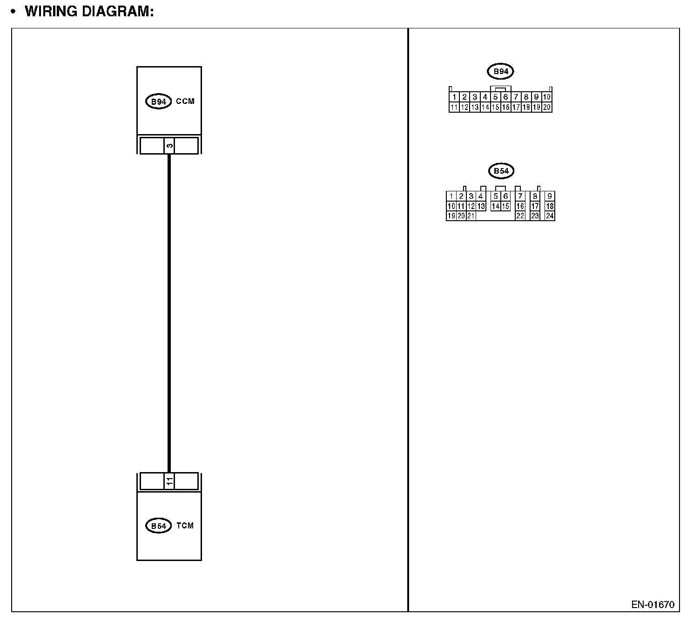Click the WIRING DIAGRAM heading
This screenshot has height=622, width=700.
pyautogui.click(x=89, y=11)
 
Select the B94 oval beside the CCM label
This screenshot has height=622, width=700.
pyautogui.click(x=159, y=101)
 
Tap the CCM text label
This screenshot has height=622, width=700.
pyautogui.click(x=185, y=101)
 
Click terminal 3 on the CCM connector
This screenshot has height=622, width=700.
pyautogui.click(x=169, y=146)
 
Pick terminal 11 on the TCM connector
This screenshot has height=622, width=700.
pyautogui.click(x=169, y=481)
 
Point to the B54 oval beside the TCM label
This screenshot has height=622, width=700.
pyautogui.click(x=159, y=526)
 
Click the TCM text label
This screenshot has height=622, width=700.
pyautogui.click(x=185, y=526)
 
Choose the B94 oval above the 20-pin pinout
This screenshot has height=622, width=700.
pyautogui.click(x=500, y=72)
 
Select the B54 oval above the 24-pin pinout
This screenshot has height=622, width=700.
pyautogui.click(x=501, y=171)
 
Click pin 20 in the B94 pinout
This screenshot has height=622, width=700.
pyautogui.click(x=547, y=107)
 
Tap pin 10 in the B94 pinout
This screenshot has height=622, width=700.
pyautogui.click(x=547, y=97)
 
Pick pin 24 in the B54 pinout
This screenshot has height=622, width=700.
pyautogui.click(x=550, y=216)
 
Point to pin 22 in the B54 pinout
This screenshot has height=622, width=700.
pyautogui.click(x=520, y=216)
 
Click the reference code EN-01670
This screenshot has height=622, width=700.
pyautogui.click(x=653, y=605)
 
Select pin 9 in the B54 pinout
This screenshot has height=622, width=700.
pyautogui.click(x=550, y=196)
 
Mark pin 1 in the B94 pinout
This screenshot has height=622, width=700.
pyautogui.click(x=454, y=97)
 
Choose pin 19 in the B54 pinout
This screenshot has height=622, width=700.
pyautogui.click(x=451, y=216)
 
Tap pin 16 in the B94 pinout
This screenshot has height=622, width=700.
pyautogui.click(x=505, y=107)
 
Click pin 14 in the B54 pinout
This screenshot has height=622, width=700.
pyautogui.click(x=496, y=206)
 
